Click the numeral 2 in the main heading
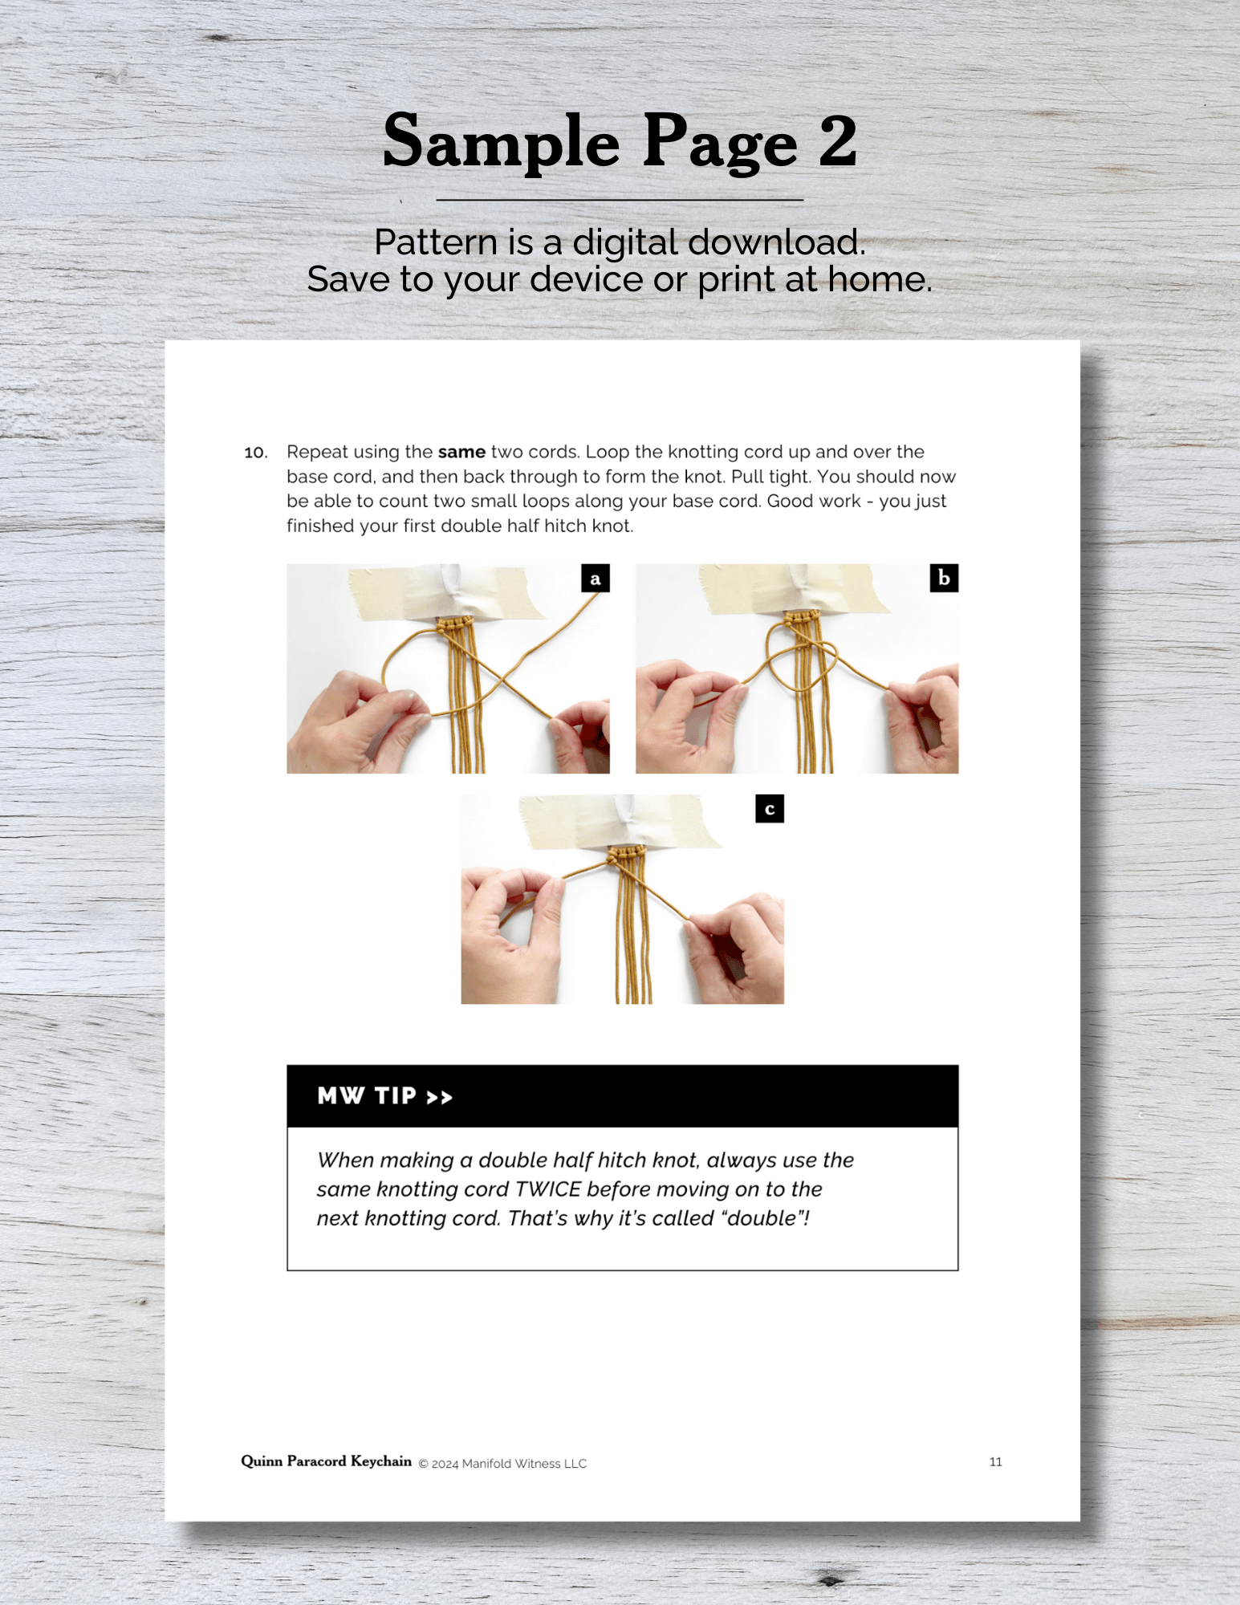coord(838,141)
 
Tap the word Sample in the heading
coord(502,143)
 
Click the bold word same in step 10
coord(461,452)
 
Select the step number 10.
coord(255,453)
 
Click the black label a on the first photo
coord(596,579)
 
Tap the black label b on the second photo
coord(944,578)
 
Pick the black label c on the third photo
coord(770,809)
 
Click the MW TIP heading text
coord(367,1096)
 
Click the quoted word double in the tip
coord(762,1218)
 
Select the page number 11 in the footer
coord(995,1462)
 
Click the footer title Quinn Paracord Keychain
coord(327,1461)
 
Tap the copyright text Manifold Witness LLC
coord(524,1464)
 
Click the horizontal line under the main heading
coord(620,200)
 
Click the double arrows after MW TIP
coord(439,1097)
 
